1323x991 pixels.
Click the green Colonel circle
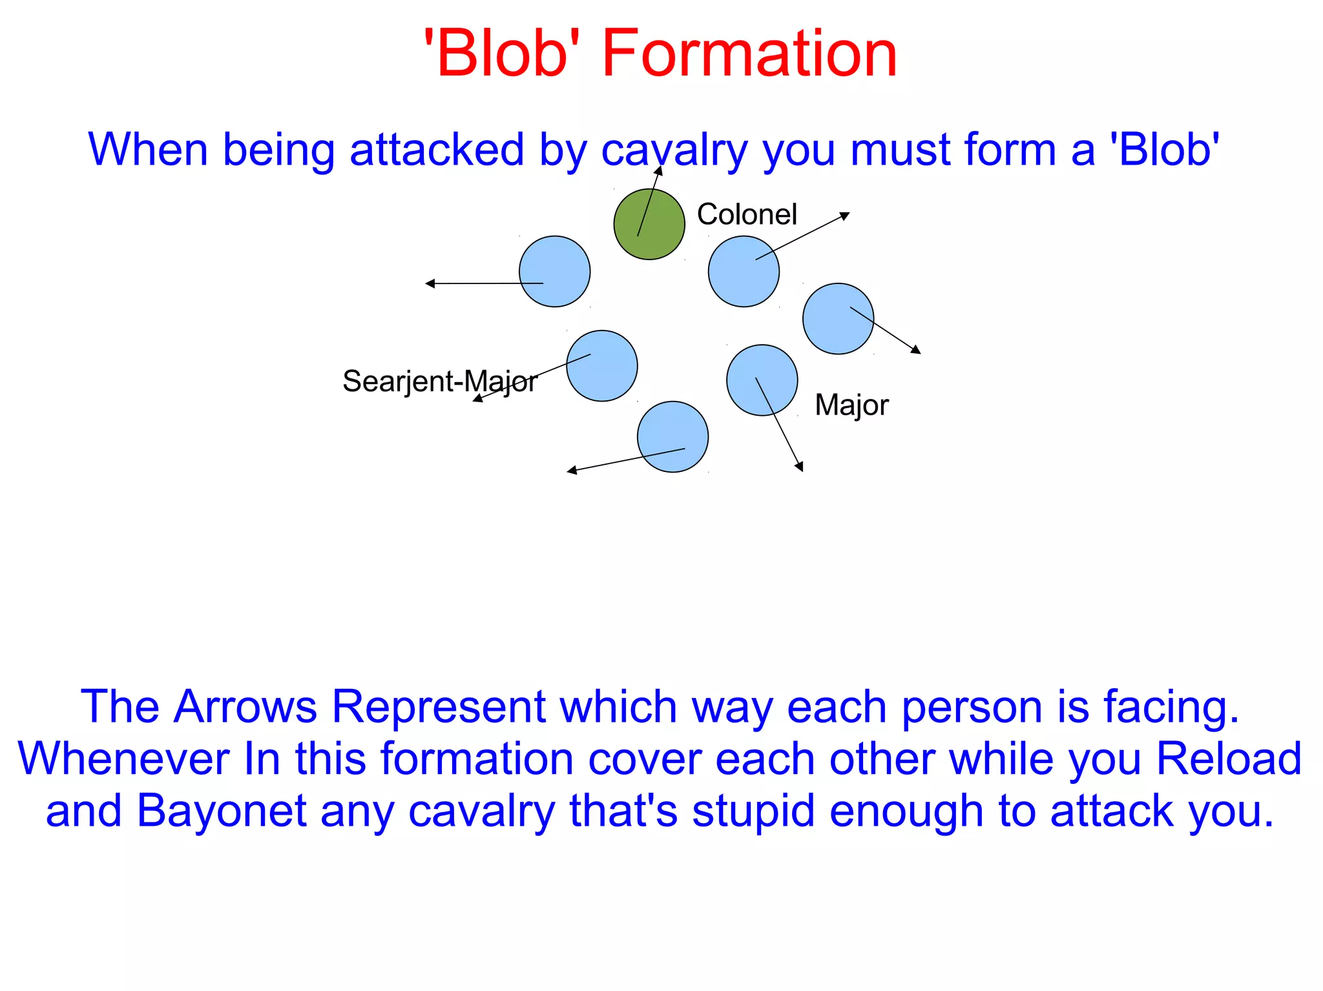(x=649, y=224)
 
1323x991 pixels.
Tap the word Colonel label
(x=747, y=214)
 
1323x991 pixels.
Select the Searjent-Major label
(x=439, y=381)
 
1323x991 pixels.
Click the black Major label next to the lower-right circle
(x=851, y=405)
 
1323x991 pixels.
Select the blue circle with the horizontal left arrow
(x=554, y=271)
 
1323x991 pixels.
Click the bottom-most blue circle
(x=672, y=437)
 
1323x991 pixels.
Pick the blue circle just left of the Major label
(x=762, y=380)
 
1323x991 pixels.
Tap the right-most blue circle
(x=838, y=319)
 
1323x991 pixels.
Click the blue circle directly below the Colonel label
(x=744, y=271)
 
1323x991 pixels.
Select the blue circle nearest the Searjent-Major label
(x=601, y=366)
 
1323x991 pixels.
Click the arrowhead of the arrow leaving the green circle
(x=659, y=170)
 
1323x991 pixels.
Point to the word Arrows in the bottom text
(x=245, y=706)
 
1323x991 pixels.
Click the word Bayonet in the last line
(x=222, y=811)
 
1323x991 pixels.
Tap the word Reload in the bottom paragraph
(x=1228, y=759)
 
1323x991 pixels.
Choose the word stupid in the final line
(x=753, y=811)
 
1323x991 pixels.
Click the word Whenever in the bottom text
(x=123, y=759)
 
